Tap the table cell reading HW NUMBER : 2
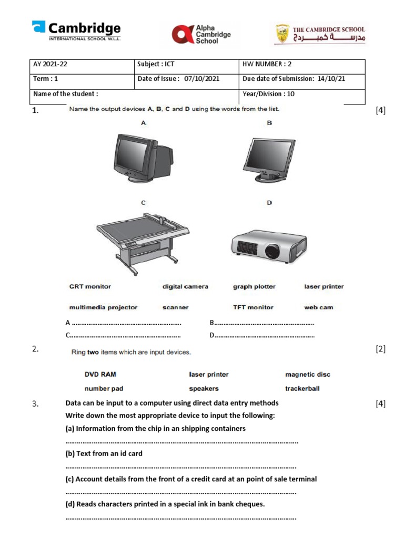(x=301, y=65)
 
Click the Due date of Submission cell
(x=301, y=79)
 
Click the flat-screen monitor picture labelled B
(x=269, y=160)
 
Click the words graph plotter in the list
(x=254, y=287)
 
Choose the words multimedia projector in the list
(x=103, y=307)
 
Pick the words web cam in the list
(x=318, y=307)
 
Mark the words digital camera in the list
(x=185, y=287)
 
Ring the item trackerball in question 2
(x=302, y=389)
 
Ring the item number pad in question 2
(x=104, y=389)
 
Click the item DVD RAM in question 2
(x=100, y=375)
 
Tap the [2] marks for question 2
(x=381, y=350)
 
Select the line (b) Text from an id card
(x=104, y=453)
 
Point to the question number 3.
(x=35, y=404)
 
